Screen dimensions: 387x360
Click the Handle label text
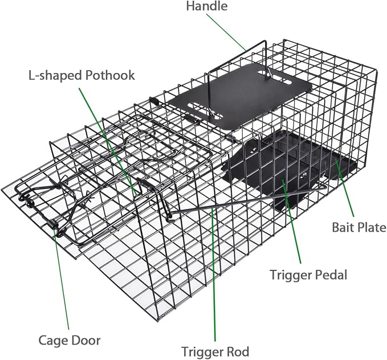pos(206,6)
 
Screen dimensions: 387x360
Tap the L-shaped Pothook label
pos(82,75)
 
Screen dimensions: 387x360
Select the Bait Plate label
pos(359,227)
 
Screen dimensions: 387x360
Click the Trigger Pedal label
pos(308,274)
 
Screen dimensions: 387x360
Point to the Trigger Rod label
pos(215,351)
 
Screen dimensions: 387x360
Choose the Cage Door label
pos(70,340)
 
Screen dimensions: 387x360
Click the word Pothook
pos(110,75)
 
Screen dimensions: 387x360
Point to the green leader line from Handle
pos(226,32)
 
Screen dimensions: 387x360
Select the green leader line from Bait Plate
pos(344,188)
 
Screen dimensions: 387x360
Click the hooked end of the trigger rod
pos(169,217)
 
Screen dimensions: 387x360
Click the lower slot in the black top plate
pos(205,111)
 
